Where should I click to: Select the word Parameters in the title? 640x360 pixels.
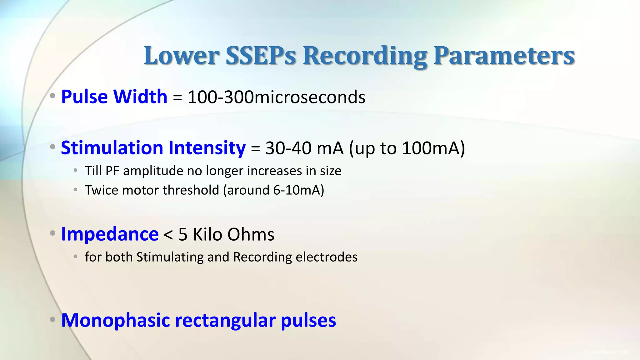coord(504,56)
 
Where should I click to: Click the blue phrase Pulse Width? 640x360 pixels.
coord(114,97)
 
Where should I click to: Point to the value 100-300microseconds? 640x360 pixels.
coord(276,97)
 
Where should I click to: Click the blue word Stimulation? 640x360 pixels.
coord(112,148)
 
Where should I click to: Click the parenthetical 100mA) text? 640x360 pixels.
coord(433,148)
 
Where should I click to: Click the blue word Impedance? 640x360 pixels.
coord(110,234)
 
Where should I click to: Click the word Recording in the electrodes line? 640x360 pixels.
coord(262,257)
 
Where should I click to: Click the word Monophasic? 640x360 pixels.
coord(115,321)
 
